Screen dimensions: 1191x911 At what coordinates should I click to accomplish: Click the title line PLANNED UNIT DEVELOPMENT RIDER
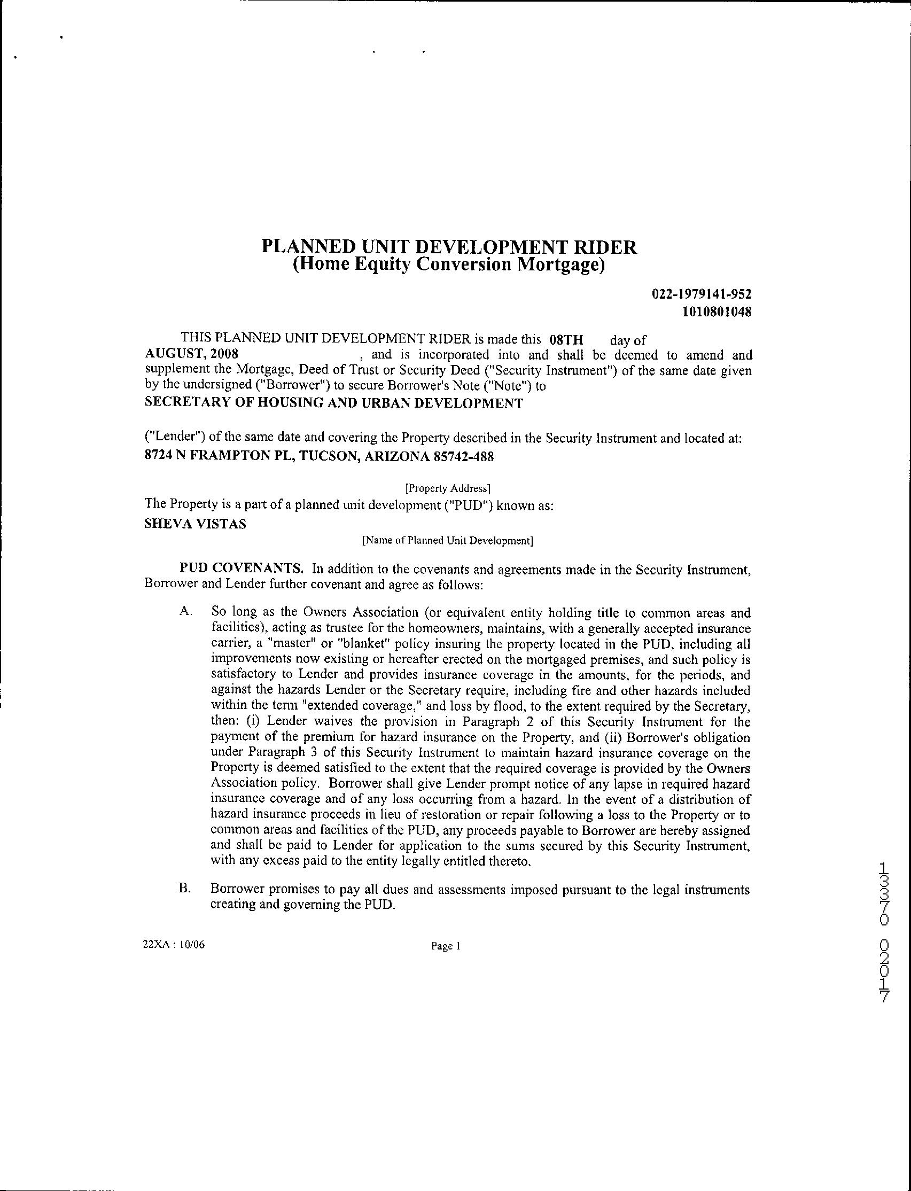449,247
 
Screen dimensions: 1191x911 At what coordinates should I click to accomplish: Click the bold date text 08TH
566,340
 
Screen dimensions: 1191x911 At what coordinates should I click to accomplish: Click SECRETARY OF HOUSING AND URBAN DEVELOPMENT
334,403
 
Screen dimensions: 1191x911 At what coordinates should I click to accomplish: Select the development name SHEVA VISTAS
195,525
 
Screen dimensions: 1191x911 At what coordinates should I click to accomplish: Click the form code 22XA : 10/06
174,945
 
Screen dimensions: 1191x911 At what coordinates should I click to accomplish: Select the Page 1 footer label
445,947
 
